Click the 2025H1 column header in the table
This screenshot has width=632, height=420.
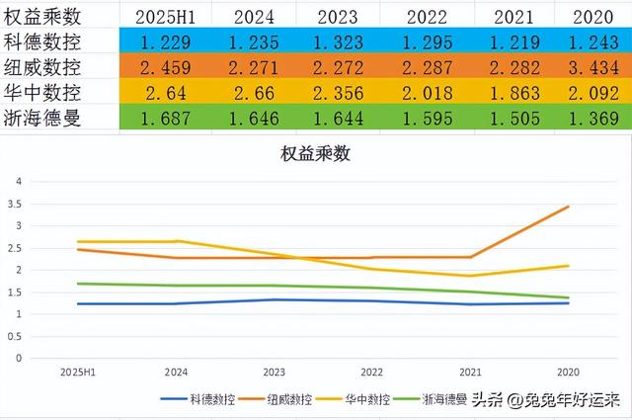(x=160, y=17)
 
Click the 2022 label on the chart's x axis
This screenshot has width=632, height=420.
(x=371, y=373)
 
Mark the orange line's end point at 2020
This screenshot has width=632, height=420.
(x=568, y=207)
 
